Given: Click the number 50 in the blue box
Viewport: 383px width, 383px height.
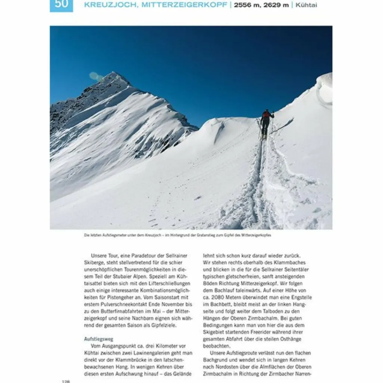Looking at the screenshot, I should point(61,4).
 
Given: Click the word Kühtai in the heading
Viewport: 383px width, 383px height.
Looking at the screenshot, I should point(306,5).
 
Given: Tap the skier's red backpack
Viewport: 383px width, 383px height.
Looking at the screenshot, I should point(266,115).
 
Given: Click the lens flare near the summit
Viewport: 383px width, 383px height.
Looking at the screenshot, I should point(95,76).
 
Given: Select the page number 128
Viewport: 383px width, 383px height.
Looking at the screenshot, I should point(66,381).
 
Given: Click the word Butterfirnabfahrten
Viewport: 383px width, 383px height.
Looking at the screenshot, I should point(123,312).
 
